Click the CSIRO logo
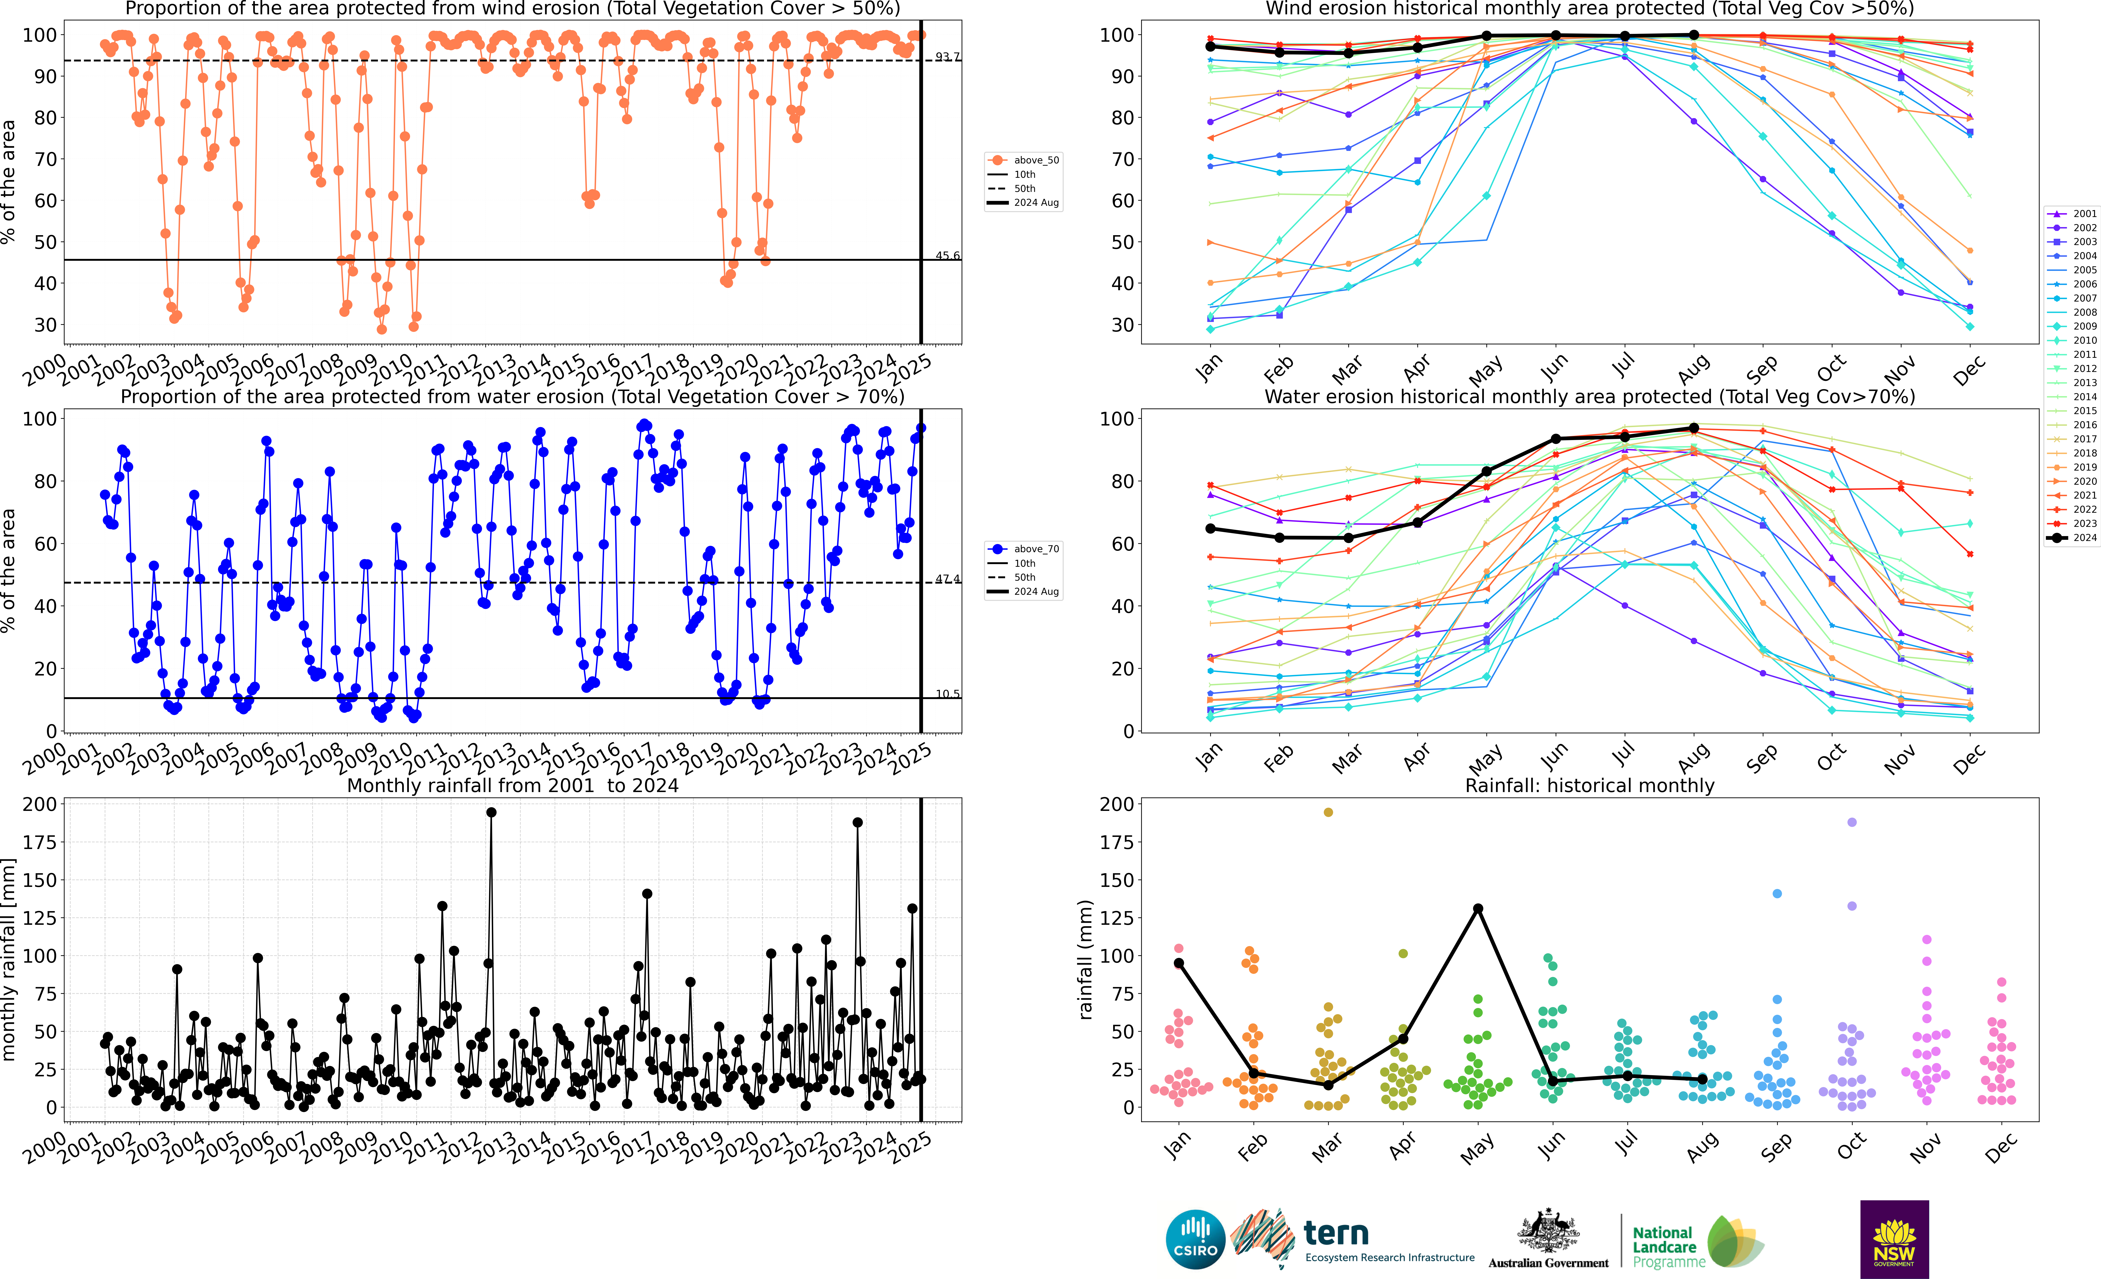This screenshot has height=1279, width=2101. click(1195, 1239)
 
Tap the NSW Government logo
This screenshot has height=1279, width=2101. click(1894, 1239)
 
